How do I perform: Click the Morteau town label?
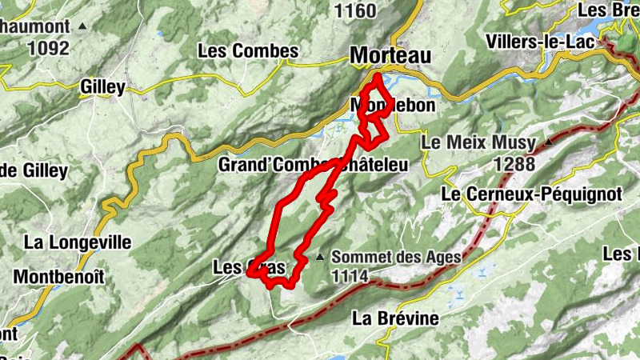coord(390,55)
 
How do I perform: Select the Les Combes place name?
coord(248,50)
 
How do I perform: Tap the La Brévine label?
coord(395,318)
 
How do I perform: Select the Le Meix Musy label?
coord(478,143)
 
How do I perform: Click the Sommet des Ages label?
coord(396,257)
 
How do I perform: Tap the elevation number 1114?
coord(352,277)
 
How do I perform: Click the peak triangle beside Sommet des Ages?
coord(321,257)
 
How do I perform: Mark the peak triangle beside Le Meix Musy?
coord(549,142)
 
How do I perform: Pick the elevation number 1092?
coord(48,48)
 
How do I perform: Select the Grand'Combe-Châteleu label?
coord(314,166)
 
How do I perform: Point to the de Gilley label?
coord(34,170)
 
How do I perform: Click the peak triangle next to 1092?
coord(83,26)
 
